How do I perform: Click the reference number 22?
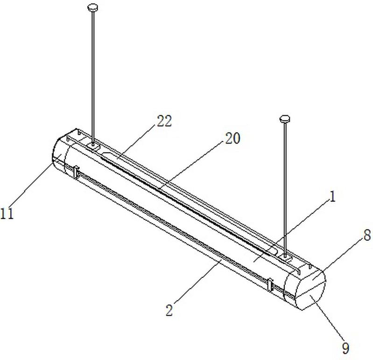(164, 121)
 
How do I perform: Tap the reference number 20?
(232, 138)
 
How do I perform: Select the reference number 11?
(7, 213)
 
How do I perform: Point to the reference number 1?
(332, 197)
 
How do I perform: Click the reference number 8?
(367, 235)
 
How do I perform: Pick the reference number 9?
(345, 348)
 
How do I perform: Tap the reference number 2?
(169, 310)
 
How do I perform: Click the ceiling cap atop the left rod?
(92, 7)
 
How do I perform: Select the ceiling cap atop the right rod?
(285, 118)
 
